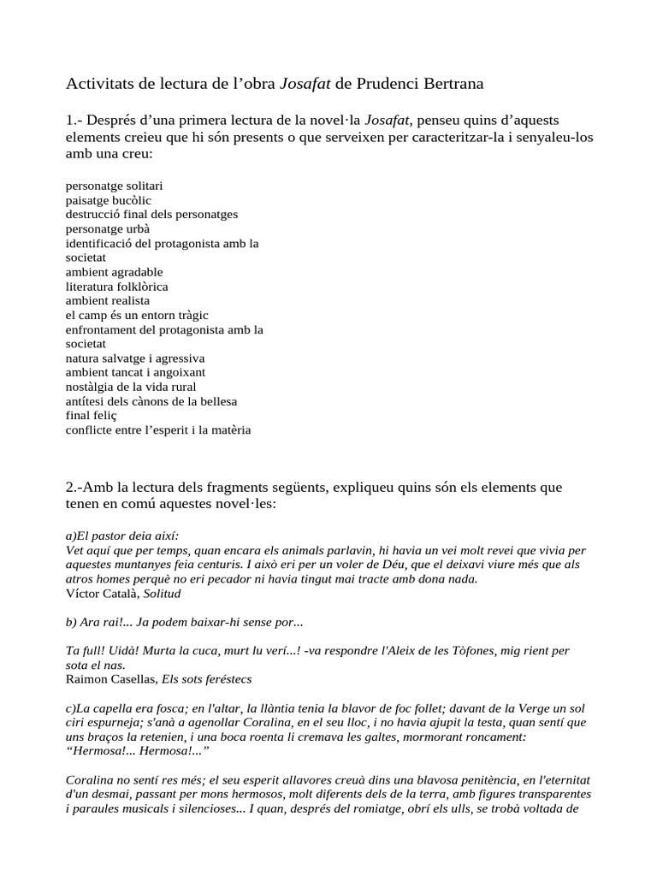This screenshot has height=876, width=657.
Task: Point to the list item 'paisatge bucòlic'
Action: click(x=109, y=200)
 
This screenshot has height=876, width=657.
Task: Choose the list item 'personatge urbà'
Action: click(x=109, y=229)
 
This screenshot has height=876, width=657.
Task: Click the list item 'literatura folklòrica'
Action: click(x=117, y=287)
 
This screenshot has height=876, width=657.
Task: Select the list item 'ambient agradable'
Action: click(x=114, y=272)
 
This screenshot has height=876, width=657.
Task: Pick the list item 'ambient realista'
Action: click(x=108, y=301)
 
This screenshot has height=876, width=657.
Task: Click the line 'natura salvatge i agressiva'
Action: click(x=135, y=358)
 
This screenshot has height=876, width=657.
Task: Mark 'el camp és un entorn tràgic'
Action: click(x=137, y=316)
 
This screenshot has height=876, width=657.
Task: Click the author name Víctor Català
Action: click(x=99, y=593)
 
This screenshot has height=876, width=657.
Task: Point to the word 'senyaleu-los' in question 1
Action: click(x=551, y=137)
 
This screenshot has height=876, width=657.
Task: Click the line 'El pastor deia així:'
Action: click(x=122, y=536)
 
